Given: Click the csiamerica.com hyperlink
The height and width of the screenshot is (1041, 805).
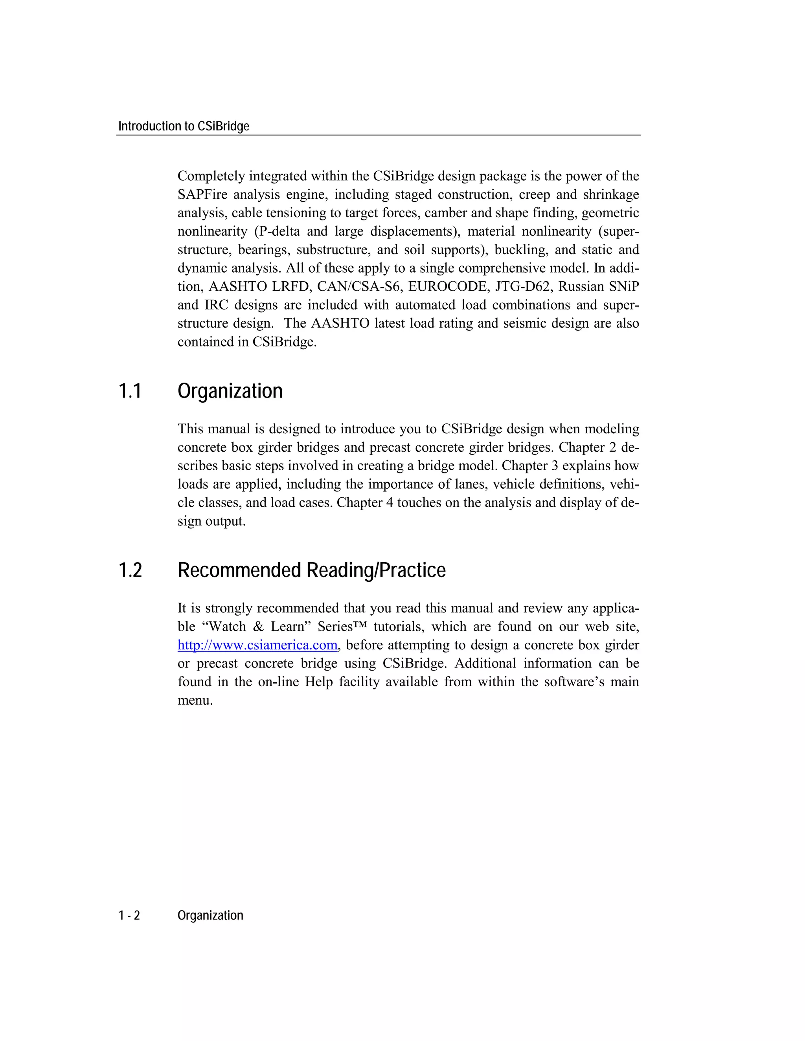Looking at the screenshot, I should tap(257, 645).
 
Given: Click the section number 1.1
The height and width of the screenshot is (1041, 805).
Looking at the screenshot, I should tap(130, 391).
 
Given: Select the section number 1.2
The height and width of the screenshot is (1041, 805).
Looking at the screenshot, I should tap(130, 570).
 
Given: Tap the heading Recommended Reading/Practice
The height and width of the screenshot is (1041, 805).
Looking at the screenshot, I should tap(311, 570).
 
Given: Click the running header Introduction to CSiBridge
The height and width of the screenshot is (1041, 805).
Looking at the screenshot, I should tap(184, 126).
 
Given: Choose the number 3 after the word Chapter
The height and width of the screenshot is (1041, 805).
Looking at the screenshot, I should tap(554, 466).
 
